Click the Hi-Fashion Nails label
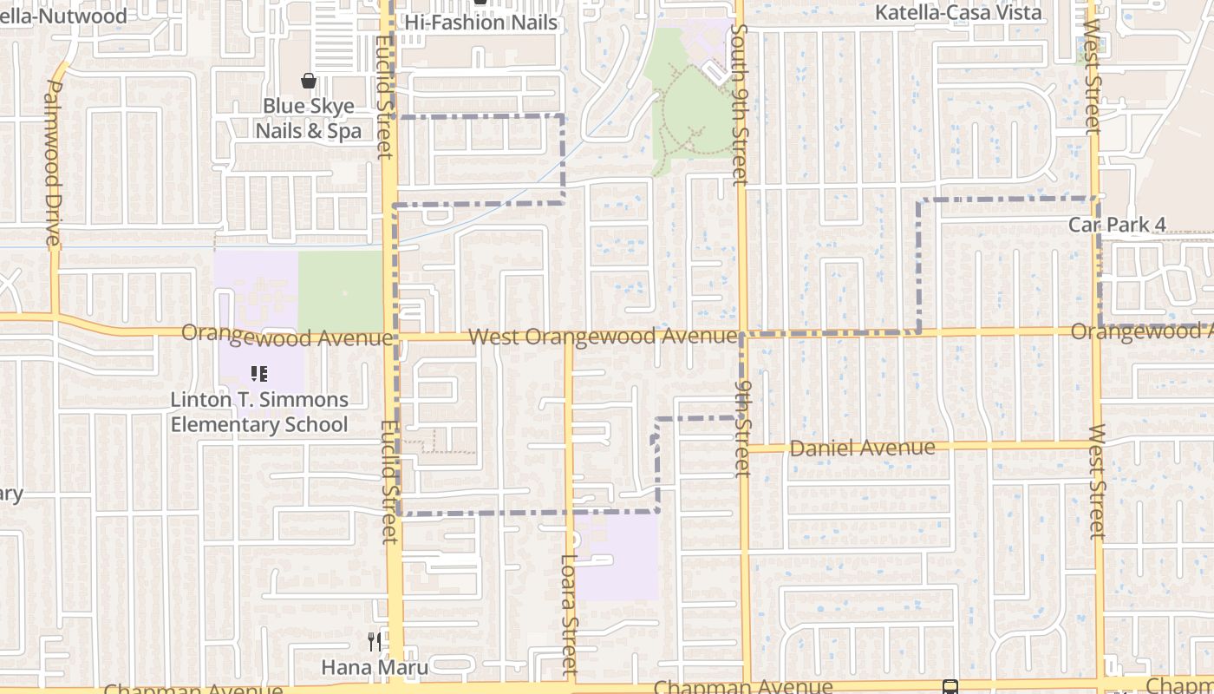tap(481, 23)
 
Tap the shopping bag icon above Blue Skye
tap(308, 82)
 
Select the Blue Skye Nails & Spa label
tap(308, 119)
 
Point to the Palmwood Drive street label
tap(52, 163)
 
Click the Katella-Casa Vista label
tap(958, 13)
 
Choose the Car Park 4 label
tap(1117, 225)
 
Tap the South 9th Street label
tap(739, 104)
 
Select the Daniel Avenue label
tap(862, 448)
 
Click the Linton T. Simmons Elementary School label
tap(259, 412)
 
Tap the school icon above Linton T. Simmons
tap(258, 374)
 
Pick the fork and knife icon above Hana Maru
tap(375, 642)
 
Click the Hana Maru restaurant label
tap(375, 667)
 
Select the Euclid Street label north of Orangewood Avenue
tap(384, 95)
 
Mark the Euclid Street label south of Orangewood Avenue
tap(389, 481)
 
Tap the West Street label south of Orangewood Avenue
tap(1098, 481)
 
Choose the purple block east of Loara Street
tap(617, 556)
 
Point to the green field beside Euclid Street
tap(341, 291)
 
